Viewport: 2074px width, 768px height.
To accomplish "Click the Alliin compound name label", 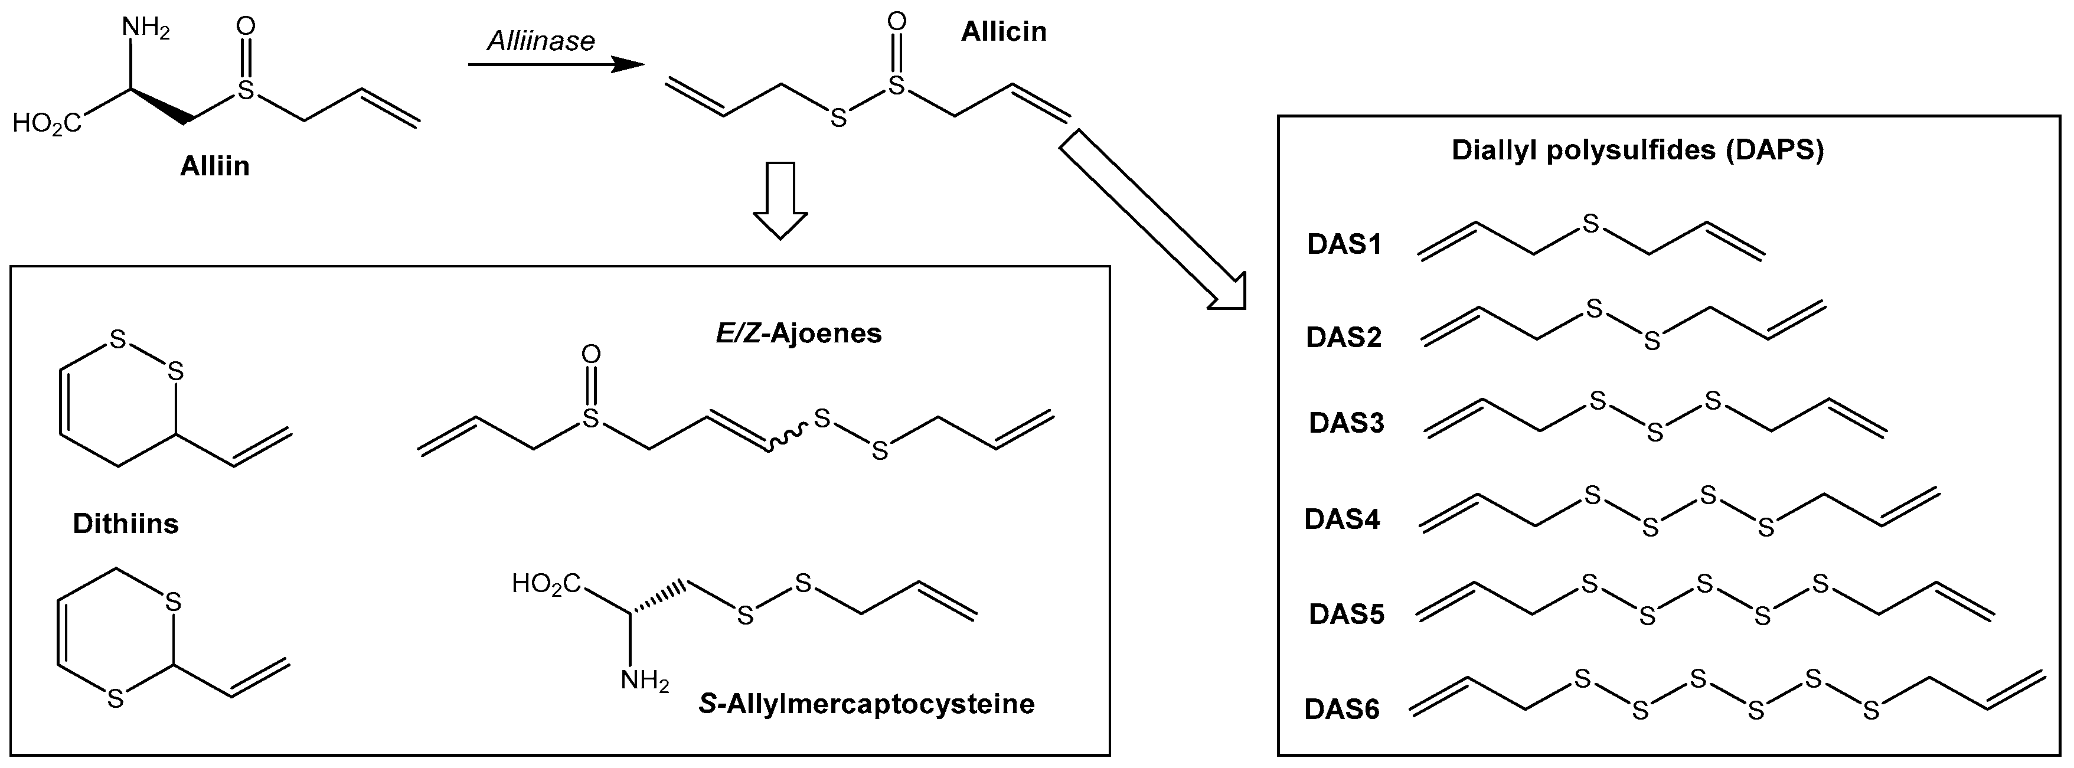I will [x=214, y=166].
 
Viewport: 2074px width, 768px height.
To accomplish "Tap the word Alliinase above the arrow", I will [x=540, y=41].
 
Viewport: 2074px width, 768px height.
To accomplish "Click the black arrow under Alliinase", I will [x=556, y=65].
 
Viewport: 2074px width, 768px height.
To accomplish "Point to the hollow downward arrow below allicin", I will [x=779, y=201].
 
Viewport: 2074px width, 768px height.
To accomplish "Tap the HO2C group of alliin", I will [x=47, y=123].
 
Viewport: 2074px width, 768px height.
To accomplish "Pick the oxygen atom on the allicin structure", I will [x=896, y=22].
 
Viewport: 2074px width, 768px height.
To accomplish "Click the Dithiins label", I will [x=126, y=524].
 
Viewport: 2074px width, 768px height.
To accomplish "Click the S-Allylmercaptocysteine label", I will [x=866, y=704].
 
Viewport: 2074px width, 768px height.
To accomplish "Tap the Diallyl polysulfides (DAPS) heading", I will [x=1638, y=151].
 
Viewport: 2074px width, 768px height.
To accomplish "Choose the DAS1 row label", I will [x=1344, y=244].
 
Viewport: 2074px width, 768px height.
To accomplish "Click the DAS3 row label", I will [x=1346, y=423].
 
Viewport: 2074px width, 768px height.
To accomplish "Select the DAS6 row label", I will [x=1341, y=709].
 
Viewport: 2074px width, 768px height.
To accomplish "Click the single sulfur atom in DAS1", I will [x=1590, y=224].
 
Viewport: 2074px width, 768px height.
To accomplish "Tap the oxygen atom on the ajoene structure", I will [x=591, y=354].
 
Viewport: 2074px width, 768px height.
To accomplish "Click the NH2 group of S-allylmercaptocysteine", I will [x=644, y=682].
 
